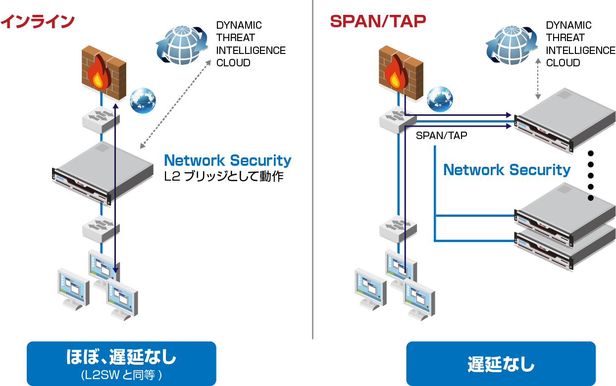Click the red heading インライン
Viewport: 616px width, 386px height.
pyautogui.click(x=38, y=21)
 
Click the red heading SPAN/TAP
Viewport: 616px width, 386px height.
pyautogui.click(x=378, y=21)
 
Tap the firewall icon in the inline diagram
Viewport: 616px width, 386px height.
pyautogui.click(x=103, y=69)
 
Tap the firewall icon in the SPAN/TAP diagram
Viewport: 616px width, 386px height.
pyautogui.click(x=401, y=69)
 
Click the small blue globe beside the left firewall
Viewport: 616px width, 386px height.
pyautogui.click(x=143, y=101)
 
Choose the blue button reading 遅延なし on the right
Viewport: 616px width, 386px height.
pyautogui.click(x=501, y=364)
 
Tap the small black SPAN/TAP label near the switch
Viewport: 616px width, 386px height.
pyautogui.click(x=441, y=136)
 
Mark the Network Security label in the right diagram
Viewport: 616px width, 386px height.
pyautogui.click(x=507, y=170)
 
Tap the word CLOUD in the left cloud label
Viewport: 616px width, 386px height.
pyautogui.click(x=233, y=63)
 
